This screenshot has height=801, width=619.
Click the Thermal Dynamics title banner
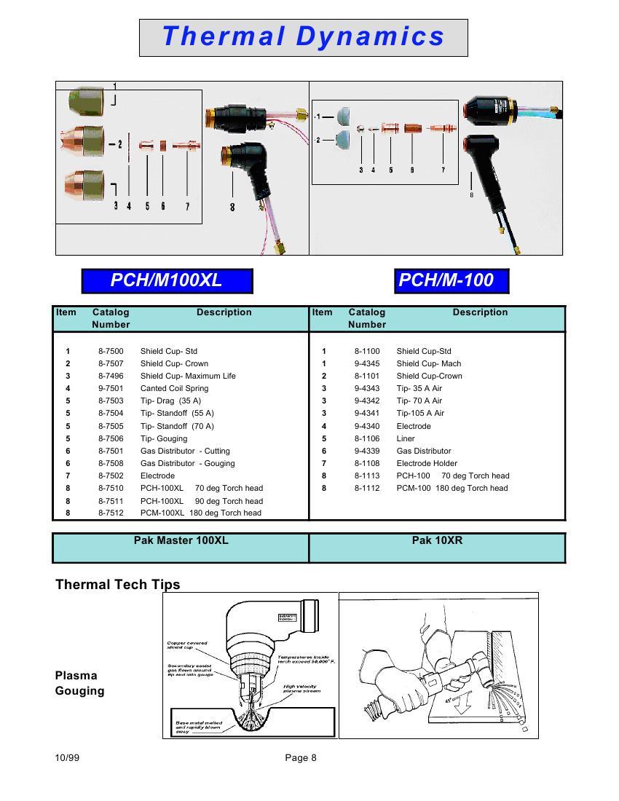[x=303, y=37]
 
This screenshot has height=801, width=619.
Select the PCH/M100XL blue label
[x=167, y=280]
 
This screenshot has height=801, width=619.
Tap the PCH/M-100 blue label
[x=451, y=280]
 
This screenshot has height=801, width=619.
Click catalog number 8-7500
[x=111, y=351]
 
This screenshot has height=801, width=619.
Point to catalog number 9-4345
[x=367, y=363]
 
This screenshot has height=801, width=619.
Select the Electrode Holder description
[x=427, y=463]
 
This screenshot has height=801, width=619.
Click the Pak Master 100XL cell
[x=181, y=541]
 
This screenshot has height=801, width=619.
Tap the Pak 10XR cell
[x=437, y=541]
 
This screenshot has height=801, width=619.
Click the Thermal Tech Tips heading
[x=117, y=585]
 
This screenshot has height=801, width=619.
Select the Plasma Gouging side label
[x=79, y=683]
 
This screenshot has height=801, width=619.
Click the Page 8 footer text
[x=301, y=758]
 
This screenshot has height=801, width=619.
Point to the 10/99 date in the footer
[x=67, y=758]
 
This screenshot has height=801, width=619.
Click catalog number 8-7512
[x=111, y=513]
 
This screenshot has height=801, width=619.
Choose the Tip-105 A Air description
[x=420, y=413]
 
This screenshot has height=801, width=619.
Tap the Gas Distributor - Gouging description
[x=187, y=463]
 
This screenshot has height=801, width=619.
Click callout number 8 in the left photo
[x=232, y=207]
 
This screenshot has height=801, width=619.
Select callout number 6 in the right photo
[x=412, y=170]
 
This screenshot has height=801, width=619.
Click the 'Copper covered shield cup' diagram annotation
[x=187, y=645]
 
